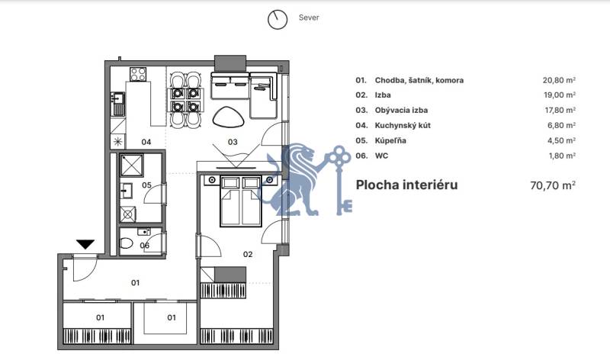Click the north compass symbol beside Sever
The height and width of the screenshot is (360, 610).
pos(278,19)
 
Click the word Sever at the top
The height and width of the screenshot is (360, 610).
pos(308,18)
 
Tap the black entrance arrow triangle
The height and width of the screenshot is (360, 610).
pos(85,245)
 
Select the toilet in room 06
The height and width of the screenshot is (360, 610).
pos(127,244)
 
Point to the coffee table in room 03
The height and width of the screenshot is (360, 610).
pos(228,117)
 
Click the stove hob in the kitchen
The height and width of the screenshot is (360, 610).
pos(138,75)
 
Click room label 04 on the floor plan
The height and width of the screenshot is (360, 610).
pos(146,142)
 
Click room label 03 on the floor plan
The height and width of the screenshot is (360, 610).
pos(233,142)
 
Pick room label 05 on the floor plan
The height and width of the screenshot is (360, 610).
pos(146,185)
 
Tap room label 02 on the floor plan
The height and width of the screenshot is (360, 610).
pos(247,254)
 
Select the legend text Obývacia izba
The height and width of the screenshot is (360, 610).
pos(401,111)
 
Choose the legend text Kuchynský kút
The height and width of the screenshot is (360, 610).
pos(403,126)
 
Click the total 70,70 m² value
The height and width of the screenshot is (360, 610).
pos(552,185)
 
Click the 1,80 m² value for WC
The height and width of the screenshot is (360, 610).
pos(560,156)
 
